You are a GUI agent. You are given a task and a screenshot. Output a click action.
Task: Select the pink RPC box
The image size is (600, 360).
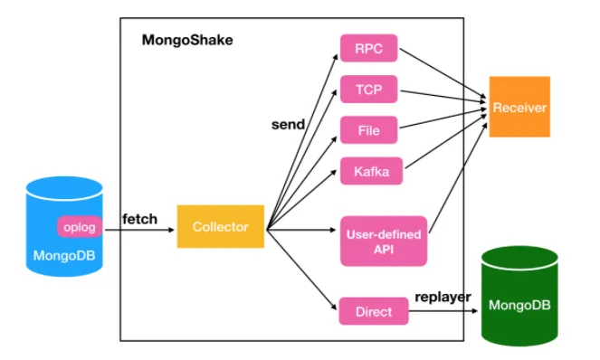point(369,48)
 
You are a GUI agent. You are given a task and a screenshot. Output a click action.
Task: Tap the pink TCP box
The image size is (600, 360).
point(369,90)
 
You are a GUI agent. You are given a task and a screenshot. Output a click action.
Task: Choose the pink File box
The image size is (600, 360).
point(369,130)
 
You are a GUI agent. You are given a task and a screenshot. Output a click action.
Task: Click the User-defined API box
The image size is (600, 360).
point(371,241)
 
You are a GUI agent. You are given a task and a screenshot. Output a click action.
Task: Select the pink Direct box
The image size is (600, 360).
point(373,311)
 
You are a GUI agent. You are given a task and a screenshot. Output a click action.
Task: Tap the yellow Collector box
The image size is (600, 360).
point(221,227)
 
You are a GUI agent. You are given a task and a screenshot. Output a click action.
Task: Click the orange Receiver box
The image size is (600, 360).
point(519,108)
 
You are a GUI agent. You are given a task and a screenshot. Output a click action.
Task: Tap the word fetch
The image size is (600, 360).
point(139,218)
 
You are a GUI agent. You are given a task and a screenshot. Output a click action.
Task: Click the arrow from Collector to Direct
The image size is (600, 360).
point(303,270)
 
